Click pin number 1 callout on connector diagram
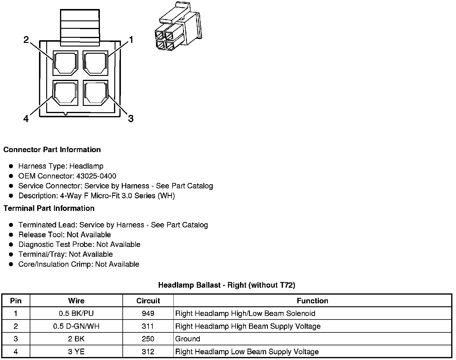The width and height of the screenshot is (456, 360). tap(131, 40)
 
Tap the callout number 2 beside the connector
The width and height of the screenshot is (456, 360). tap(26, 40)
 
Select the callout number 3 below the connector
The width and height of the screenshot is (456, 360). tap(130, 118)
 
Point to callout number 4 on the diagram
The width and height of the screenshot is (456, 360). tap(26, 119)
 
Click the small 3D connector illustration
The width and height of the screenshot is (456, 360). tap(177, 27)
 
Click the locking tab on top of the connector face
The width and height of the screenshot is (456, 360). tap(80, 28)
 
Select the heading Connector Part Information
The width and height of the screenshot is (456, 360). tap(52, 150)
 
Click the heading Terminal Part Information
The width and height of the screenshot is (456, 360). tap(49, 208)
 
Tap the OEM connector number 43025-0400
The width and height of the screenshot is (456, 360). tap(96, 176)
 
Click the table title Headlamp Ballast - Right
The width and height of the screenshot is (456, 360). tap(226, 285)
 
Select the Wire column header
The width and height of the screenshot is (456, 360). tap(76, 301)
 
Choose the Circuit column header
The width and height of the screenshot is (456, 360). tap(148, 301)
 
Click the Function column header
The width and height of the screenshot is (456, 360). tap(312, 301)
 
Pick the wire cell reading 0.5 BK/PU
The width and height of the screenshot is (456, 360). tap(76, 313)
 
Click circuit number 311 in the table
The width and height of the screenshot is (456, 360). tap(148, 326)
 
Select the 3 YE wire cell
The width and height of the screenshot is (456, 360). tap(76, 352)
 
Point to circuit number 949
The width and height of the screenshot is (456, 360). tap(148, 313)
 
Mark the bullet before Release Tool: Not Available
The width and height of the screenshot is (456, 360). tap(11, 235)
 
